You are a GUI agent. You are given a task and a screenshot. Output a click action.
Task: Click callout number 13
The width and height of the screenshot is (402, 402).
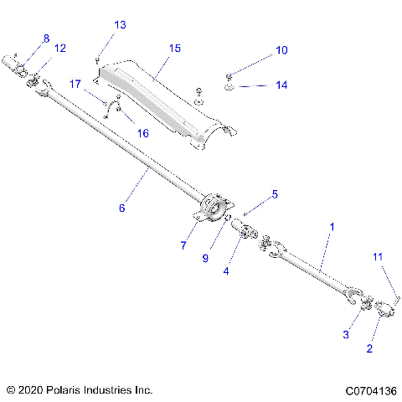(x=121, y=25)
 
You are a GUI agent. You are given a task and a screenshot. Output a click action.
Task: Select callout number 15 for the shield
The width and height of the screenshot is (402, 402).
(x=174, y=49)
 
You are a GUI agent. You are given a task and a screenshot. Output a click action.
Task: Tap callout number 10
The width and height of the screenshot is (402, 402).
(x=281, y=51)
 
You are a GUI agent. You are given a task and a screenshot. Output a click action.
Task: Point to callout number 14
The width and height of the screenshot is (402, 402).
(x=281, y=85)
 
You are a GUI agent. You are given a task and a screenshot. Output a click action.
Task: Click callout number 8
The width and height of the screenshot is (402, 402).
(x=46, y=39)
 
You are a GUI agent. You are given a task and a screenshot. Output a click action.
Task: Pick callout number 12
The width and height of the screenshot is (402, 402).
(x=59, y=49)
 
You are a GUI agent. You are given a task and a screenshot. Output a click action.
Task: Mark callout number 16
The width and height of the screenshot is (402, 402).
(x=142, y=133)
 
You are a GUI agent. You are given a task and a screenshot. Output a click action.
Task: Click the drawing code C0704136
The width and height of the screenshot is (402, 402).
(x=369, y=390)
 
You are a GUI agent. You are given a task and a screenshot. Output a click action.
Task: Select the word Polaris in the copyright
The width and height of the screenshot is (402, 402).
(x=73, y=390)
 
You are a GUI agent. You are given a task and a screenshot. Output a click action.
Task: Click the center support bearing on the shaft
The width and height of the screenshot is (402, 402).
(x=211, y=206)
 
